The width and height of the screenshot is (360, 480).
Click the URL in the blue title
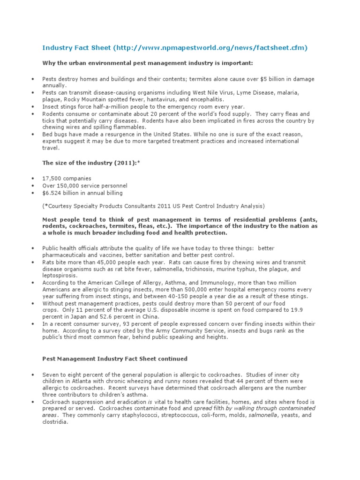tap(210, 48)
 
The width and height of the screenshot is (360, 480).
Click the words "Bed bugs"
tap(53, 134)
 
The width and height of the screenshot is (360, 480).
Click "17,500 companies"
tap(67, 179)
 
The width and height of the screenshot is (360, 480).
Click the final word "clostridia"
tap(55, 421)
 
